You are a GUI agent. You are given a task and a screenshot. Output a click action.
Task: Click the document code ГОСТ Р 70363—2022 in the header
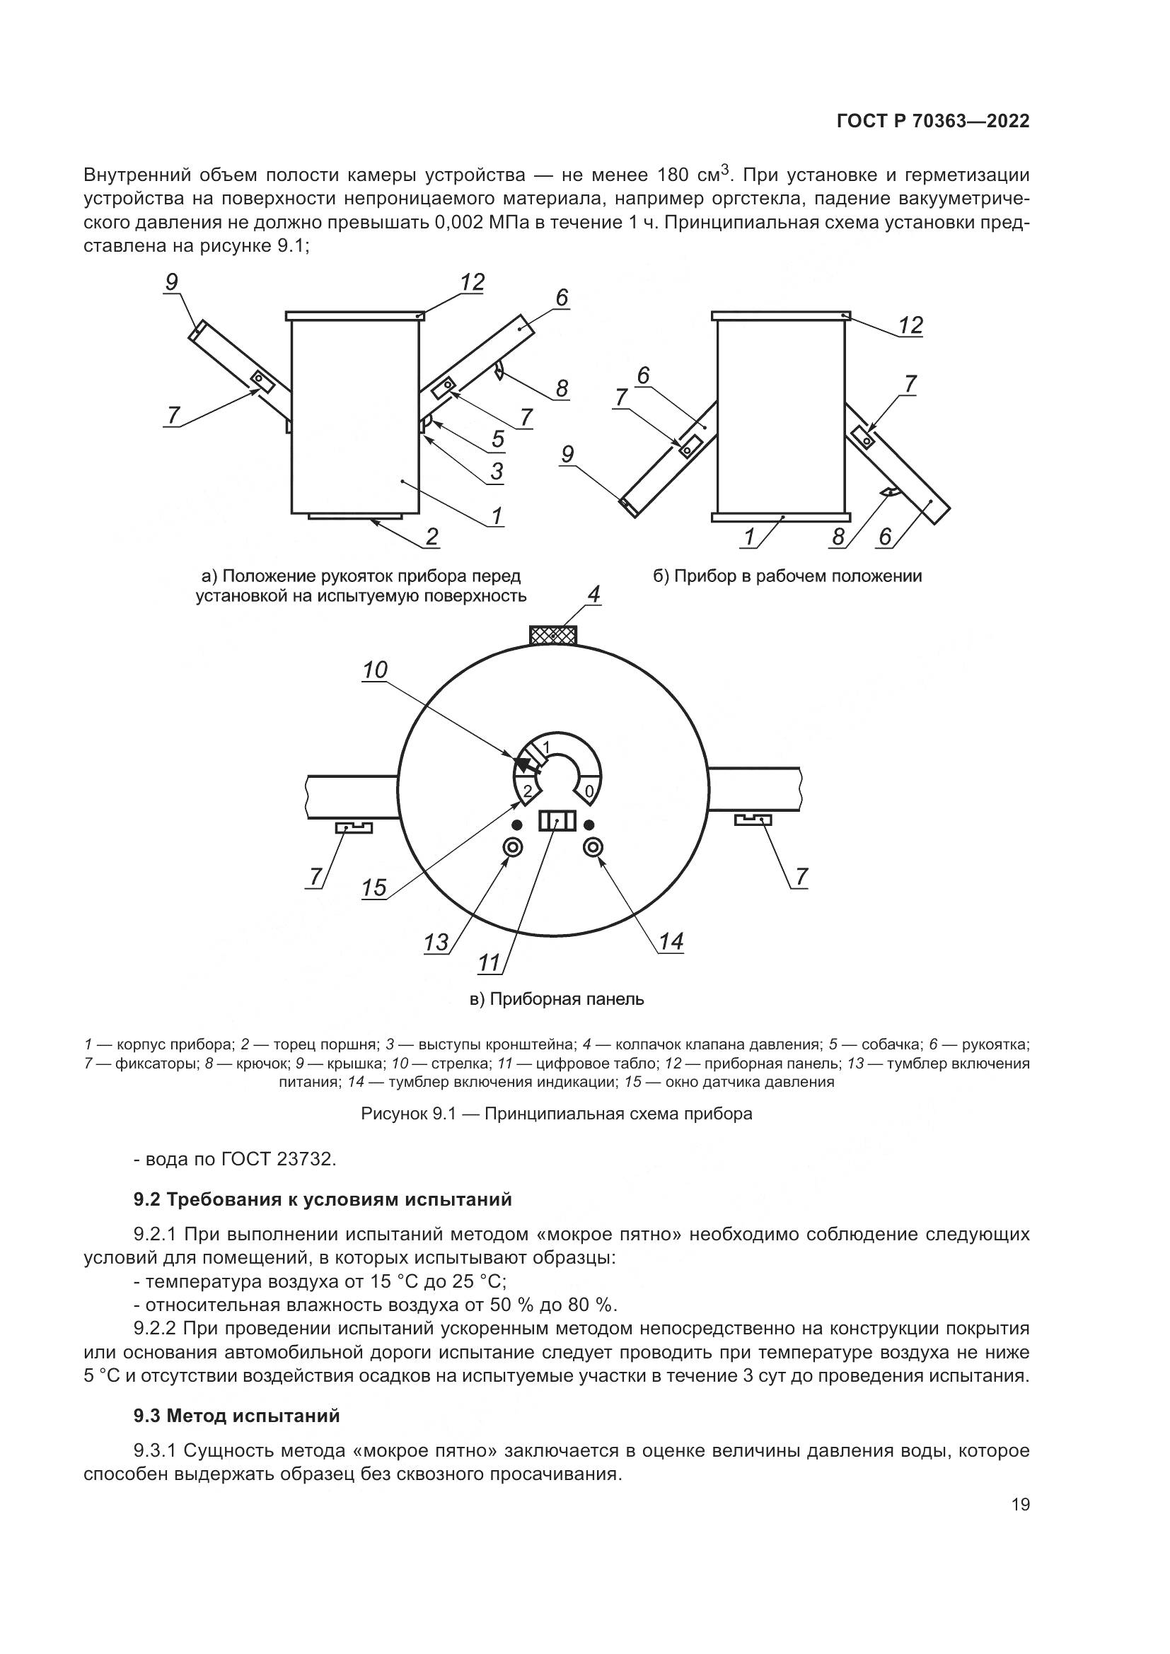[933, 121]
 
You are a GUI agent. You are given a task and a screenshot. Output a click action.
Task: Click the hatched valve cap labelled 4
[553, 636]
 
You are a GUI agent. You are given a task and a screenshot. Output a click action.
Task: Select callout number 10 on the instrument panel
[375, 670]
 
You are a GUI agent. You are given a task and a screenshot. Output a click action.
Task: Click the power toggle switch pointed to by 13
[514, 848]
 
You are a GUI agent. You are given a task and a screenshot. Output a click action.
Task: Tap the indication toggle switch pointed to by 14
[593, 848]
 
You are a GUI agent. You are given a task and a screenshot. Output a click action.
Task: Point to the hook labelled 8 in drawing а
[499, 372]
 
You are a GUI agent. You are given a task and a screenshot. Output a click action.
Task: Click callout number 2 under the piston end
[431, 536]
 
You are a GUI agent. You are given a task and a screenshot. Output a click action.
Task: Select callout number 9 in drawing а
[171, 281]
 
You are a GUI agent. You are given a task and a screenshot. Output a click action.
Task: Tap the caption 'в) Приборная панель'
[557, 999]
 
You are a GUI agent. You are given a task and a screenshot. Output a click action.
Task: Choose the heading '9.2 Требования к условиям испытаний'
[323, 1199]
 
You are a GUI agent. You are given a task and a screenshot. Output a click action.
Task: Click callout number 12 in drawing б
[910, 325]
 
